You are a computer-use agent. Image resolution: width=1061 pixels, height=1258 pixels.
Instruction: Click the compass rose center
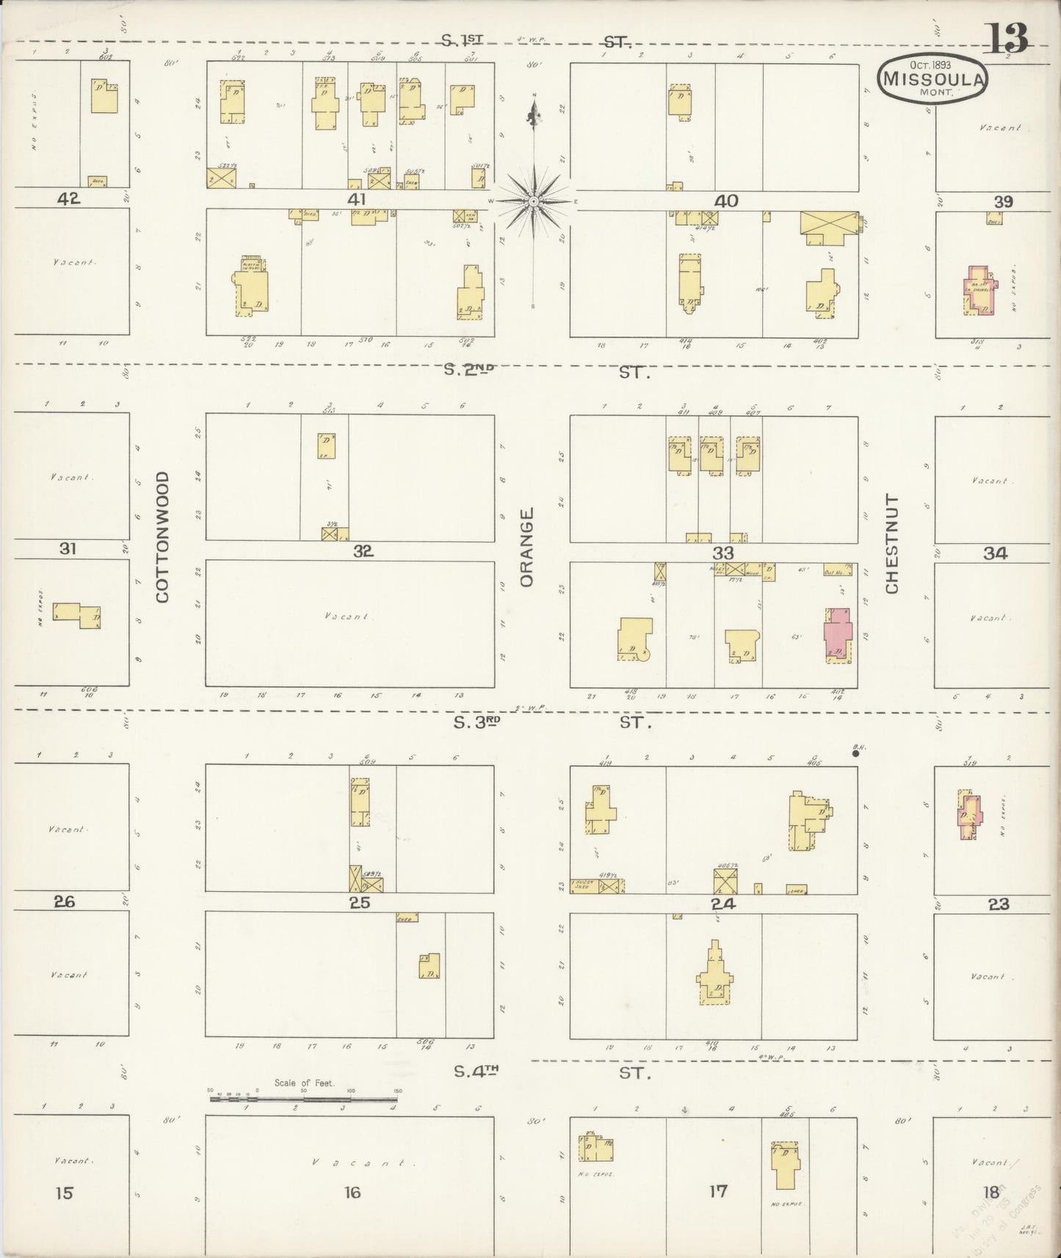(534, 200)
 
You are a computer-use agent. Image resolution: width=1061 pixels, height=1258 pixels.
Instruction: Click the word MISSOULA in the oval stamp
(933, 79)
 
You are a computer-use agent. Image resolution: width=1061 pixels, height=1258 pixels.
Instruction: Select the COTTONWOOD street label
(162, 537)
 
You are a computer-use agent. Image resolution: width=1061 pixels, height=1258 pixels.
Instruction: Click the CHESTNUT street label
(891, 544)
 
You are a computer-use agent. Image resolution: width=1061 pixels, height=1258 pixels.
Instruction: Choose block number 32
(363, 551)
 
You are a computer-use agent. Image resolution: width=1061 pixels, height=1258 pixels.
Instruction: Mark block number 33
(723, 553)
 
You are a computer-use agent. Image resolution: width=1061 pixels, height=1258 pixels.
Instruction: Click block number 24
(723, 903)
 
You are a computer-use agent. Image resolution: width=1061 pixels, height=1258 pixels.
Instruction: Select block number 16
(352, 1192)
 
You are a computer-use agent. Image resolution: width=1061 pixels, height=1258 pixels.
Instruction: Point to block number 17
(717, 1190)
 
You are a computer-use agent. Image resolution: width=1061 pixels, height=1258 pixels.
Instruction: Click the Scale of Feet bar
(305, 1099)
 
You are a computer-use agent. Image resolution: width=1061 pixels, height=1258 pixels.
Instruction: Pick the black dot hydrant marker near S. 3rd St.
(855, 752)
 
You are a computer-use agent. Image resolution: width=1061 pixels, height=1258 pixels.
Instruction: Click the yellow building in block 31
(78, 615)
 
